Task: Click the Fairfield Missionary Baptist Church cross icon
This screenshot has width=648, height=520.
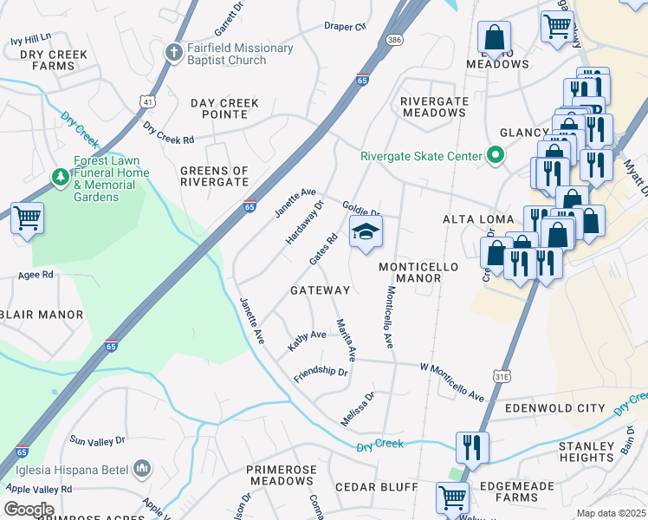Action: pyautogui.click(x=173, y=52)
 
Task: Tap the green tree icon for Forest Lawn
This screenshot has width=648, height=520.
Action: pyautogui.click(x=60, y=178)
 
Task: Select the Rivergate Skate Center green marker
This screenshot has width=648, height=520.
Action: pyautogui.click(x=495, y=157)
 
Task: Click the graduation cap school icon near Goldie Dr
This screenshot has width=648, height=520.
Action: pyautogui.click(x=366, y=231)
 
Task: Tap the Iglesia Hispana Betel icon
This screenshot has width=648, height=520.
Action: pyautogui.click(x=142, y=470)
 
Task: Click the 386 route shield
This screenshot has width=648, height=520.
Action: pyautogui.click(x=395, y=40)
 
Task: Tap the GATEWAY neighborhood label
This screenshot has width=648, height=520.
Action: pyautogui.click(x=320, y=290)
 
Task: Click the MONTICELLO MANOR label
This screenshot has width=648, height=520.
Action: pyautogui.click(x=411, y=272)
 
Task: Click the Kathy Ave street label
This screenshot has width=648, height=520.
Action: pyautogui.click(x=307, y=339)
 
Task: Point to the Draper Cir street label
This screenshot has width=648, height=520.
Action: pyautogui.click(x=345, y=26)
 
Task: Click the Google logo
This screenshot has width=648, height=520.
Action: pyautogui.click(x=29, y=510)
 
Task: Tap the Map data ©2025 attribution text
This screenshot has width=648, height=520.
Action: pyautogui.click(x=612, y=513)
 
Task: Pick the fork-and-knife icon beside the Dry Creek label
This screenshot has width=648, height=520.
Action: pyautogui.click(x=471, y=446)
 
